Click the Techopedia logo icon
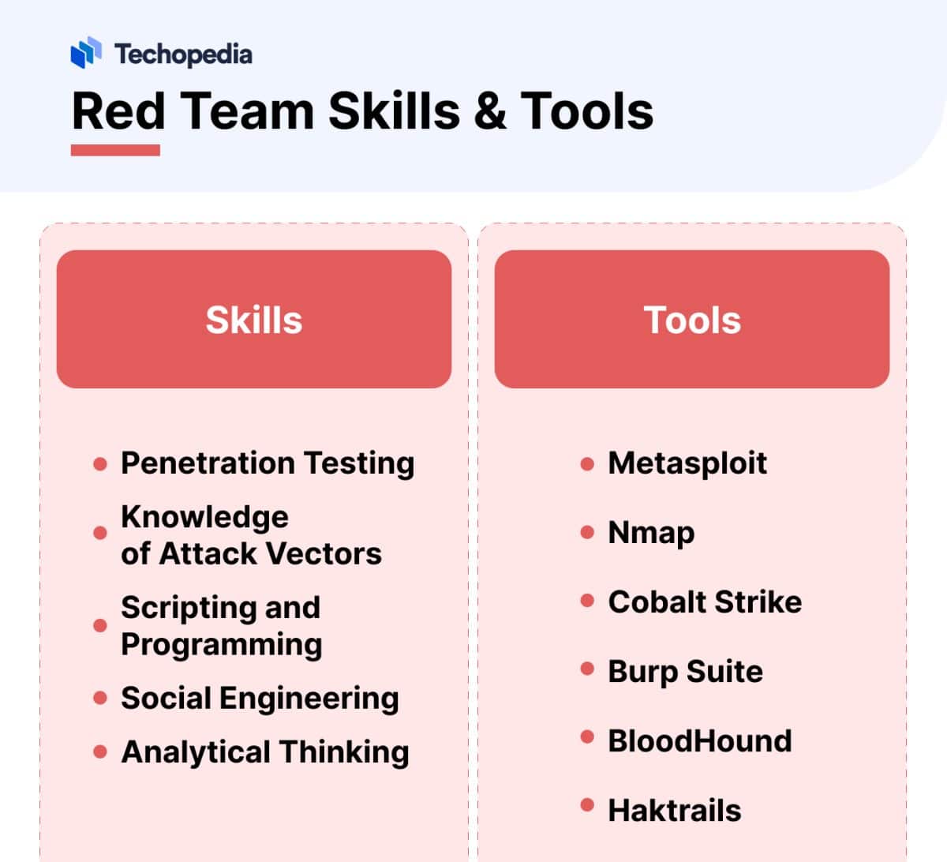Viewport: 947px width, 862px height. [x=86, y=52]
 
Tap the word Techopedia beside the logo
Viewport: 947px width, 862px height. [x=183, y=54]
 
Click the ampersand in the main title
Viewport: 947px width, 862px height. [x=489, y=111]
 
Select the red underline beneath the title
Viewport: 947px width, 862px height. [x=115, y=150]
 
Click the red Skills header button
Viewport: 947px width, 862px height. [x=254, y=319]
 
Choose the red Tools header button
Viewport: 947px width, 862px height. [x=692, y=319]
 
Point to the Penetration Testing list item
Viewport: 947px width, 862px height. [x=267, y=463]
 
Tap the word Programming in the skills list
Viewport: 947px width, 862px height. [x=222, y=645]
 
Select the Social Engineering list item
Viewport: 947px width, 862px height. [x=260, y=699]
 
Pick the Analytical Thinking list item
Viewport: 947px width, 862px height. [x=265, y=752]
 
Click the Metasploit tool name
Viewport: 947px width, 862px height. [x=687, y=463]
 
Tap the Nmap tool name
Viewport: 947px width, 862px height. [x=651, y=533]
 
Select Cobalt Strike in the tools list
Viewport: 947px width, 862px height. [x=705, y=602]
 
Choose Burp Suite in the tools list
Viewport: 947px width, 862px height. [x=685, y=672]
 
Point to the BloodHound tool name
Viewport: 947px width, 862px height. [x=699, y=741]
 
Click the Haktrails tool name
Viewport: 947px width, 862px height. [x=674, y=811]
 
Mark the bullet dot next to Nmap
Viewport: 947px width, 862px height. [x=587, y=532]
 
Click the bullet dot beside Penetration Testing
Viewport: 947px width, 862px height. [x=100, y=463]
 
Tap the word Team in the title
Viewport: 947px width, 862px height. [x=247, y=111]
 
